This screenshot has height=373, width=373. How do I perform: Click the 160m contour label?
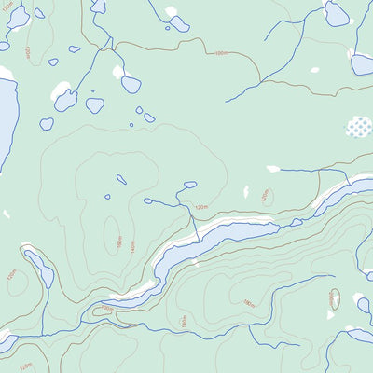pos(120,242)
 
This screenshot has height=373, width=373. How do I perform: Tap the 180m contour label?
pos(248,303)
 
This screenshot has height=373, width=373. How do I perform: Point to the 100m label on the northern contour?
pos(221,53)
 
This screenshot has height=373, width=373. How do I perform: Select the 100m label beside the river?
pos(106,309)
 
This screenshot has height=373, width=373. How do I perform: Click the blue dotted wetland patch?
pos(359,127)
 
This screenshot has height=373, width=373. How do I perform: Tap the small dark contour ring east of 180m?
pos(334,299)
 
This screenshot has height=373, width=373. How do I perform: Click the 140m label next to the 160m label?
pos(132,248)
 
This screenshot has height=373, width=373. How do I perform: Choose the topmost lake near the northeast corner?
pos(337,13)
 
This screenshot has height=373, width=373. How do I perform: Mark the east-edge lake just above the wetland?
pos(363,63)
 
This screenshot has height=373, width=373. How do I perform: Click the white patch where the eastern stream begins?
pos(273,169)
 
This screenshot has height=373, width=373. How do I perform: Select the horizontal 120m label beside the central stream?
pos(200,206)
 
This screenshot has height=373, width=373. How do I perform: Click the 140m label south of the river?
pos(184,320)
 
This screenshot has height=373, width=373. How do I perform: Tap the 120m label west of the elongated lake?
pos(11,275)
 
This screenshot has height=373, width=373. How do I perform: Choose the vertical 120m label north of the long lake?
pos(265,196)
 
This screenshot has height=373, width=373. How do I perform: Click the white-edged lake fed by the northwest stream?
pos(65,98)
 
